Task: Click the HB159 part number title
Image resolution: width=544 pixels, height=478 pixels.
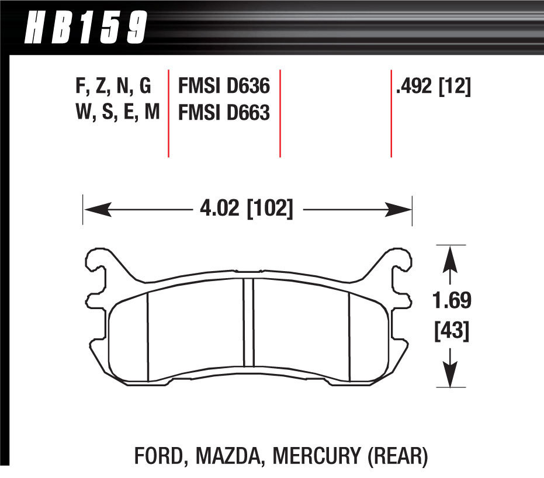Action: tap(85, 27)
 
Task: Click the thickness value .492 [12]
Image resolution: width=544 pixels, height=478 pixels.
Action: tap(433, 87)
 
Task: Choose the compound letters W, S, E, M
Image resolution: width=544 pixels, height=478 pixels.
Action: tap(117, 112)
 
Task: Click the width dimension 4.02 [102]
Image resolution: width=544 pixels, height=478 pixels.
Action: tap(245, 209)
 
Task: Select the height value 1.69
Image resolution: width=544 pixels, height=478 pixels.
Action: tap(451, 302)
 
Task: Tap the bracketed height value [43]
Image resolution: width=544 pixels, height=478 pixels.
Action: tap(451, 332)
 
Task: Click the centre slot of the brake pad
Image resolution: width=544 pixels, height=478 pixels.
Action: tap(248, 330)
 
